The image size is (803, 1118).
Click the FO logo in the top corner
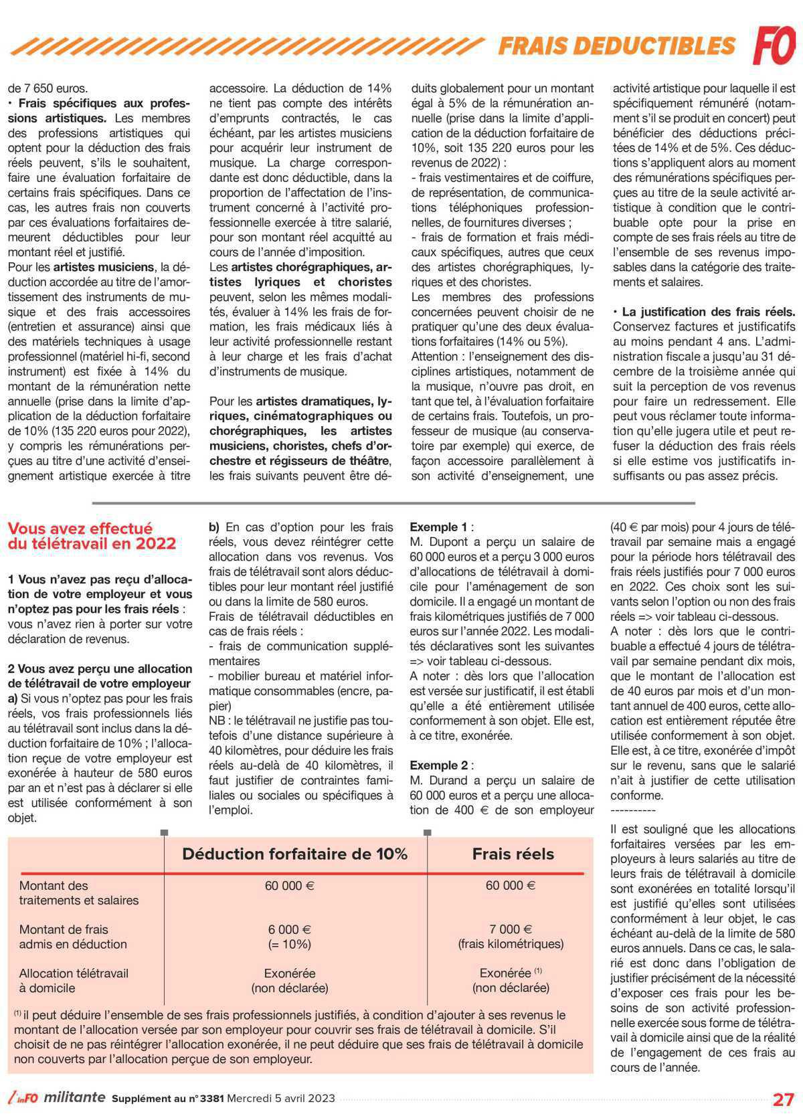click(x=774, y=44)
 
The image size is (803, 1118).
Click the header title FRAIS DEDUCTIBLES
click(x=617, y=45)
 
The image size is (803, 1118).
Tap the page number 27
click(x=783, y=1099)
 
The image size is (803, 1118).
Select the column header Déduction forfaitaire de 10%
click(x=294, y=854)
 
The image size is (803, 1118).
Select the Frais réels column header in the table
click(x=513, y=854)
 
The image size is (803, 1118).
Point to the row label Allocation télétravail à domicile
click(x=74, y=980)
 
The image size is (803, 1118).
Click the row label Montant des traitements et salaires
click(x=78, y=893)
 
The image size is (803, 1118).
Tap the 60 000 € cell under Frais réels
click(x=511, y=885)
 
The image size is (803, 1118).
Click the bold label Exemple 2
click(x=438, y=765)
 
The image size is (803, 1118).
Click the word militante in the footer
click(x=76, y=1097)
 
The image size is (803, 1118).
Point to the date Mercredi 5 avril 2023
click(x=281, y=1099)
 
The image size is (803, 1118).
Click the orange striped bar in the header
click(x=248, y=45)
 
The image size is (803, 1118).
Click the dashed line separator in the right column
click(x=633, y=810)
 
